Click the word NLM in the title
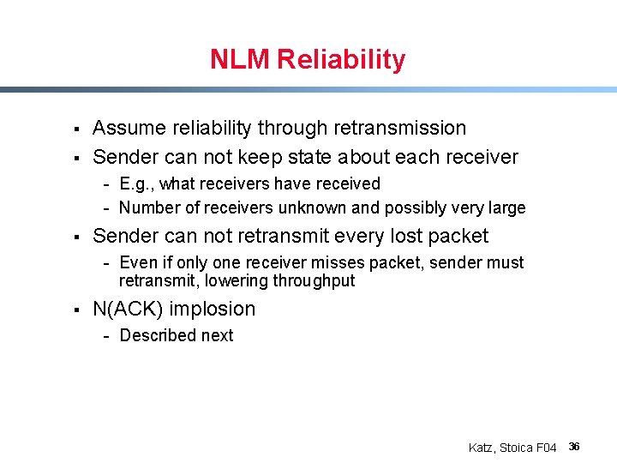(241, 60)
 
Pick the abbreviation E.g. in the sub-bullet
(135, 183)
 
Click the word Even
(137, 262)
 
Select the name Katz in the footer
(482, 448)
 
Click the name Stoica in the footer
(516, 448)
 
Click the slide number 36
(575, 447)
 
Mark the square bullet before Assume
(76, 129)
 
